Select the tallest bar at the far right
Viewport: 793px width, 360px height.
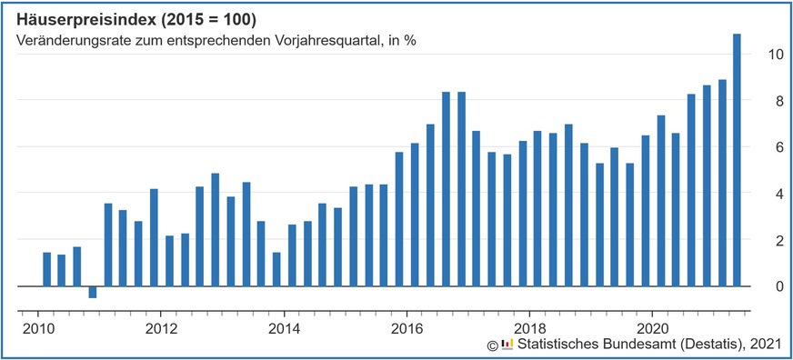(x=737, y=159)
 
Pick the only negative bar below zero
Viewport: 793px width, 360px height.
(x=92, y=292)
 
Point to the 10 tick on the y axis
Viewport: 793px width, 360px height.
(x=775, y=54)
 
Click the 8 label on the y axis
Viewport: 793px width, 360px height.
(x=775, y=100)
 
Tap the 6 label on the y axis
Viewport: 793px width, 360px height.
(x=775, y=146)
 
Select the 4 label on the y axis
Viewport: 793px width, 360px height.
(x=775, y=194)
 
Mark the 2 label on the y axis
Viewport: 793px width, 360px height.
(x=775, y=240)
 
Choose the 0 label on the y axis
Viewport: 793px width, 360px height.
(x=775, y=286)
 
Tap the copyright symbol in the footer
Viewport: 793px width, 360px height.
(x=491, y=345)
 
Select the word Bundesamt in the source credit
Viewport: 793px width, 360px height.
(x=638, y=344)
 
